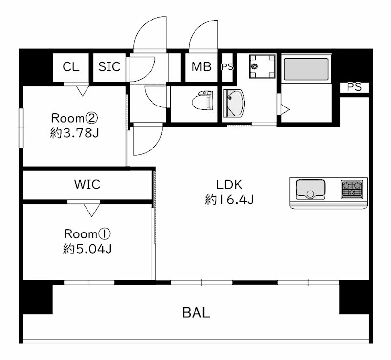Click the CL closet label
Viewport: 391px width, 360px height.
[71, 67]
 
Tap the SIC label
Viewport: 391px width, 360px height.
[109, 66]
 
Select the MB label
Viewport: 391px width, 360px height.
[201, 66]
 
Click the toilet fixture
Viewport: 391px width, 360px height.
[202, 100]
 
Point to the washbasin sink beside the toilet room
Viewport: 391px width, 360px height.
[234, 103]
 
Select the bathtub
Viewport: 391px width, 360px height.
[306, 69]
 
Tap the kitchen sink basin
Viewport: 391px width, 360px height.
[310, 190]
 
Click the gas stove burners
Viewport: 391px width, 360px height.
[352, 190]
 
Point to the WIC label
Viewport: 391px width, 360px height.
[87, 184]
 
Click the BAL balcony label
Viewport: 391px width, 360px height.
[196, 313]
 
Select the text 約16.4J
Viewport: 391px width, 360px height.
[229, 200]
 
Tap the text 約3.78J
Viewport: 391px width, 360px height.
[74, 133]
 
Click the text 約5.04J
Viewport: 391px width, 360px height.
[87, 249]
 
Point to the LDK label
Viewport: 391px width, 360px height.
[229, 185]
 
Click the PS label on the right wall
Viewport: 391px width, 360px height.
[354, 87]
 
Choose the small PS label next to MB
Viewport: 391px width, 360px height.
[227, 67]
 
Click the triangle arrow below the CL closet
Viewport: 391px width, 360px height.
[82, 91]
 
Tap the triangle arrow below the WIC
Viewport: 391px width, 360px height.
[91, 210]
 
